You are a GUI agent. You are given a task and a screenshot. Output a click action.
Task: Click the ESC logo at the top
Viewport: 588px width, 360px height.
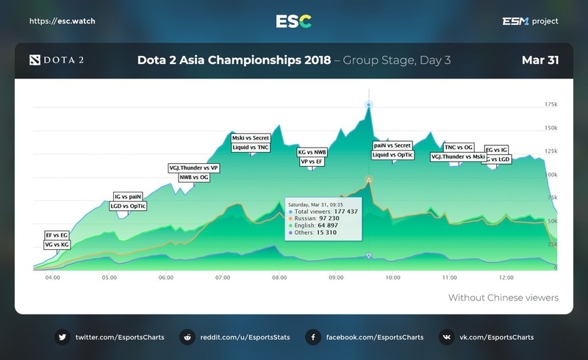pos(293,21)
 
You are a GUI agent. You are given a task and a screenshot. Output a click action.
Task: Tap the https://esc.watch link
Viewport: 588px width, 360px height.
pos(62,21)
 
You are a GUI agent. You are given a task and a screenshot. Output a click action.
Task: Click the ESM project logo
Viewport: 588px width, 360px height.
pos(529,21)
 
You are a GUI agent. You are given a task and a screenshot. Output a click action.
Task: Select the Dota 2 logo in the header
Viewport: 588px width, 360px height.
pos(56,60)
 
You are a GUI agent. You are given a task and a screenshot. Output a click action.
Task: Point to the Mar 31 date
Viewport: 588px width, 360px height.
pos(540,60)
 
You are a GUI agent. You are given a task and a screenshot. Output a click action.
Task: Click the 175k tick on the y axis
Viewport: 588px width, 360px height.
pos(551,105)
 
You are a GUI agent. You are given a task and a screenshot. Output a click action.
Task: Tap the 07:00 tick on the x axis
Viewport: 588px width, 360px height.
pos(223,278)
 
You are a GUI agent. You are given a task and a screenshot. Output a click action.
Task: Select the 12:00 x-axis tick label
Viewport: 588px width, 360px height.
pos(506,278)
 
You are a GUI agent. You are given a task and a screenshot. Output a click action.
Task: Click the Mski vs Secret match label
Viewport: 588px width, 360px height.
pos(251,138)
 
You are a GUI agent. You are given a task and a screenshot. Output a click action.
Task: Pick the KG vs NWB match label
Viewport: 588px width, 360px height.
pos(312,152)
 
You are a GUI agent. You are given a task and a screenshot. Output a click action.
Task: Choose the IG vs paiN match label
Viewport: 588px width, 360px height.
pos(127,197)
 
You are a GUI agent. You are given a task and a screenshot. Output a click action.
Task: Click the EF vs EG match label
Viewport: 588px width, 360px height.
pos(57,235)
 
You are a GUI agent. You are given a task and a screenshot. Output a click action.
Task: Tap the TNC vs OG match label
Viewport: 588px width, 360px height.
pos(459,148)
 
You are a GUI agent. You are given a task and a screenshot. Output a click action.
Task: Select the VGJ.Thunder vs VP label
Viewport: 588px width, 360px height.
pos(194,168)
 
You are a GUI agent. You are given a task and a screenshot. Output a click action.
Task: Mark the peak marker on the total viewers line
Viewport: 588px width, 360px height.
pos(368,105)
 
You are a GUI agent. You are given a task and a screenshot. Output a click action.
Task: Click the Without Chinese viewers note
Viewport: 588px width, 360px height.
pos(503,298)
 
